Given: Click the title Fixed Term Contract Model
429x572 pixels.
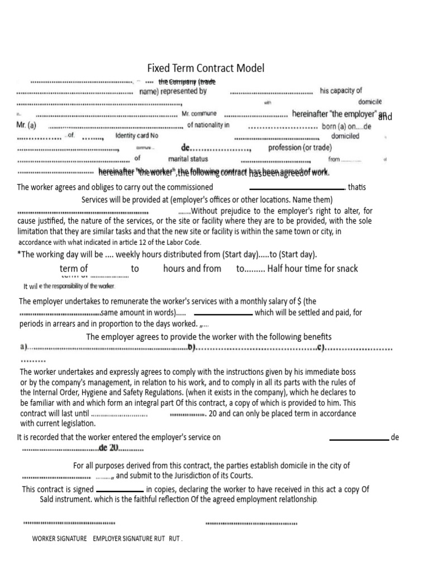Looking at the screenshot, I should (x=206, y=68).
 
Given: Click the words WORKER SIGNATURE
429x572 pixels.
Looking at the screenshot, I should (x=59, y=539).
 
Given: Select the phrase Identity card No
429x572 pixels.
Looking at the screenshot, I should (x=137, y=136).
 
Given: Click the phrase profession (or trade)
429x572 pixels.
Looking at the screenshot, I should (x=299, y=148).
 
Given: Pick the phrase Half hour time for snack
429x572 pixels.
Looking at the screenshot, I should (x=313, y=269).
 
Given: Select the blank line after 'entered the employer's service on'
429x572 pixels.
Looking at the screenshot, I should (x=359, y=440).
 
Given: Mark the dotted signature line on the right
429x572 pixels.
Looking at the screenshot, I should (x=251, y=524).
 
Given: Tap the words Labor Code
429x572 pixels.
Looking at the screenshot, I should (x=182, y=242).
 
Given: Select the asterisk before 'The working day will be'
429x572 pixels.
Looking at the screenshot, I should (x=19, y=254).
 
